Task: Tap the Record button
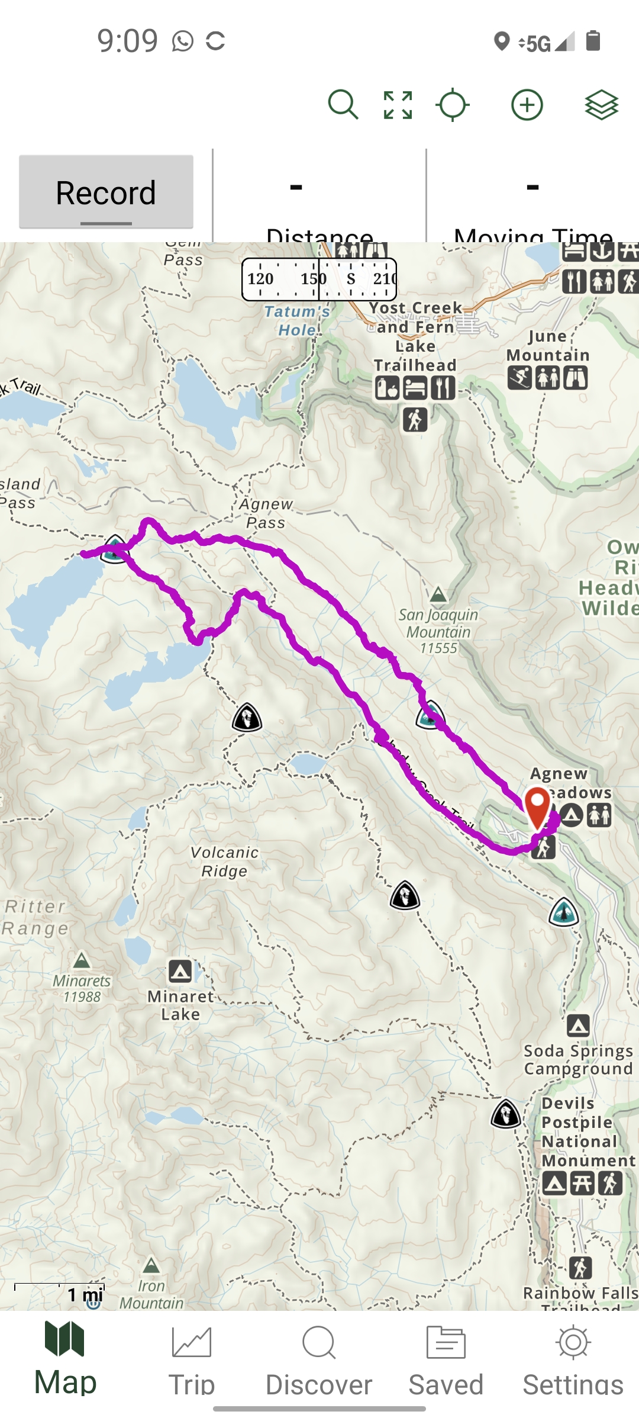pyautogui.click(x=106, y=192)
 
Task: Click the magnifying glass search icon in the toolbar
pyautogui.click(x=343, y=105)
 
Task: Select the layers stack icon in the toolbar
pyautogui.click(x=601, y=105)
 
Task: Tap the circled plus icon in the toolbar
pyautogui.click(x=527, y=105)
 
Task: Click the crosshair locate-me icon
pyautogui.click(x=453, y=105)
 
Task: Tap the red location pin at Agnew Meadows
pyautogui.click(x=537, y=806)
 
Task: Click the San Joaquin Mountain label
pyautogui.click(x=438, y=631)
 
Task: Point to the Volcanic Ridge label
pyautogui.click(x=224, y=861)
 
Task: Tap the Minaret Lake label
pyautogui.click(x=180, y=1005)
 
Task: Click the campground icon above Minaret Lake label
pyautogui.click(x=180, y=971)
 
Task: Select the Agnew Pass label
pyautogui.click(x=266, y=513)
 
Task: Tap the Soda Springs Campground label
pyautogui.click(x=578, y=1059)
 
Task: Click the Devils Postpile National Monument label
pyautogui.click(x=588, y=1131)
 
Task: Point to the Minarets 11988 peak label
pyautogui.click(x=82, y=988)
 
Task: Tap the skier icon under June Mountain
pyautogui.click(x=520, y=377)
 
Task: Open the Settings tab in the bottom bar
pyautogui.click(x=573, y=1362)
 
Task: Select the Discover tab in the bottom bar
pyautogui.click(x=319, y=1362)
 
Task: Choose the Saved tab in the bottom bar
pyautogui.click(x=446, y=1362)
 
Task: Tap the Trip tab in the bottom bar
pyautogui.click(x=191, y=1362)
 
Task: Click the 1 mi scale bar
pyautogui.click(x=60, y=1291)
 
